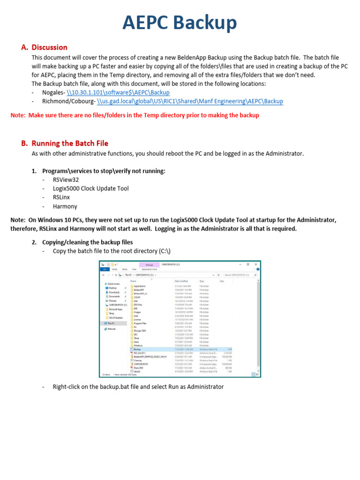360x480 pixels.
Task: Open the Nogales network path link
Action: click(118, 93)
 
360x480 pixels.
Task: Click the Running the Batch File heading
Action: click(70, 143)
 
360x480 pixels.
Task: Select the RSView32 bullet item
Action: click(66, 180)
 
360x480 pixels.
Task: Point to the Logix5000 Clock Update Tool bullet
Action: click(90, 188)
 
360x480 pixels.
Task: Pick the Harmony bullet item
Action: click(65, 206)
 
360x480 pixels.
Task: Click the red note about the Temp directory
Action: click(135, 115)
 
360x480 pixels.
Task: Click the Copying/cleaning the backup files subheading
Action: click(87, 242)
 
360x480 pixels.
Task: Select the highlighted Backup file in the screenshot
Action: click(137, 349)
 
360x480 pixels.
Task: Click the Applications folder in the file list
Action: click(140, 286)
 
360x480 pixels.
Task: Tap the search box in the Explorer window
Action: click(239, 275)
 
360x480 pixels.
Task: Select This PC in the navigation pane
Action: click(111, 323)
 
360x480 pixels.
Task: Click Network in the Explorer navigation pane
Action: click(111, 329)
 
